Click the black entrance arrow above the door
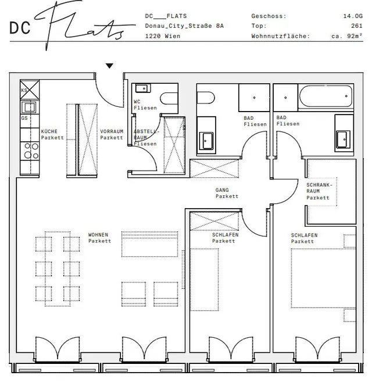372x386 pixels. click(109, 66)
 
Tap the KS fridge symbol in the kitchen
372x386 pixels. click(30, 90)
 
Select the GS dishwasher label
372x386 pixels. click(24, 118)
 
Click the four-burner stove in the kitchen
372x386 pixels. click(30, 151)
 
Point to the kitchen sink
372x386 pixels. click(29, 108)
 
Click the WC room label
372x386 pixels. click(137, 101)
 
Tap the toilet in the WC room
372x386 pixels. click(169, 98)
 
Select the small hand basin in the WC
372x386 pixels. click(142, 88)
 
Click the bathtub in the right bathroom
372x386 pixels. click(325, 96)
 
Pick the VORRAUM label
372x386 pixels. click(112, 131)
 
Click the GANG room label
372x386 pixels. click(222, 190)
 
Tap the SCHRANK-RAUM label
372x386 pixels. click(319, 188)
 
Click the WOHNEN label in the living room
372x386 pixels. click(98, 235)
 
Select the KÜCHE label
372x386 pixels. click(49, 131)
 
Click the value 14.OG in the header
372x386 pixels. click(353, 16)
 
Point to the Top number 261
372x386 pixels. click(357, 26)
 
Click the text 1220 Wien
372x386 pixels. click(163, 36)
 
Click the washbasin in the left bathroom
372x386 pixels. click(206, 141)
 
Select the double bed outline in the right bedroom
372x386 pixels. click(323, 278)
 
